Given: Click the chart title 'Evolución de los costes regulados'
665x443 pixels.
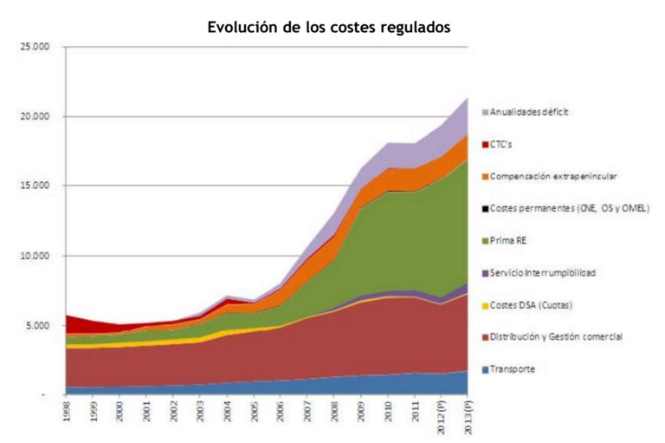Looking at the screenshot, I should [x=329, y=27].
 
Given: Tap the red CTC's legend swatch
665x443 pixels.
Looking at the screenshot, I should [x=485, y=144].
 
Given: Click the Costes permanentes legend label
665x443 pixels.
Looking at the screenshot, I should [x=569, y=208].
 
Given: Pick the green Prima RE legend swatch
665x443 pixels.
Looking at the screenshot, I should [x=485, y=241].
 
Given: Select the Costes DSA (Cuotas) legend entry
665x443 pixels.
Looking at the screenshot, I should [x=531, y=305].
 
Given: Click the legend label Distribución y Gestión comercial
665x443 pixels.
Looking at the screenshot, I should [x=556, y=336].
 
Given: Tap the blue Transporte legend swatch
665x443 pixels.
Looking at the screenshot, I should [x=485, y=369].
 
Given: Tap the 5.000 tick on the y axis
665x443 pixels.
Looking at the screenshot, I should [x=37, y=326].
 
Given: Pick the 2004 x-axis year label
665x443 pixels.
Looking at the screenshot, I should [x=228, y=411].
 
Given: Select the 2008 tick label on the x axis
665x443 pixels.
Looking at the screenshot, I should [x=334, y=411].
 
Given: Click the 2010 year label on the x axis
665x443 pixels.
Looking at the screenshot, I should [x=388, y=411].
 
